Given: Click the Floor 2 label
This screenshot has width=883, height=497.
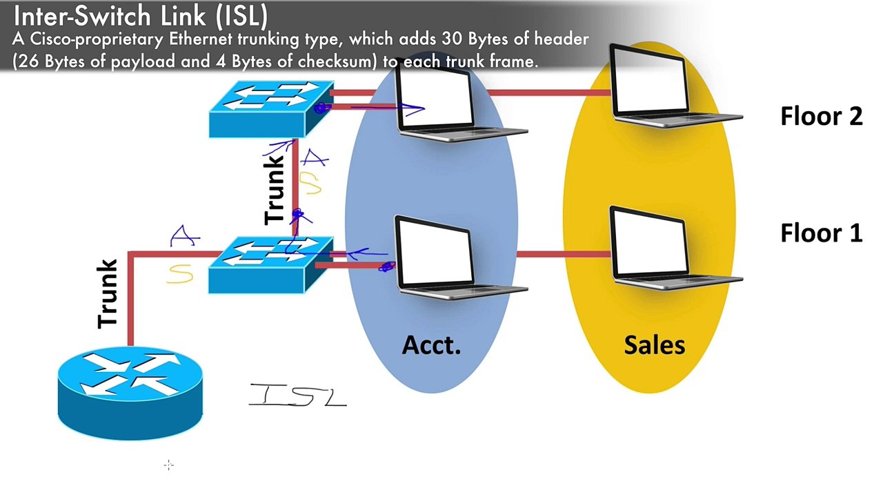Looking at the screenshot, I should point(821,116).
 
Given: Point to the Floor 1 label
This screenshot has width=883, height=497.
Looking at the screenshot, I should point(821,233).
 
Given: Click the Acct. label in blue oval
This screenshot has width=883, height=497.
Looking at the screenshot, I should point(431,344).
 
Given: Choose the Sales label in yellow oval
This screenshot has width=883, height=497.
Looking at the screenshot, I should point(654,344).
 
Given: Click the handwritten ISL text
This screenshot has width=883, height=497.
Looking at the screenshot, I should point(297,396).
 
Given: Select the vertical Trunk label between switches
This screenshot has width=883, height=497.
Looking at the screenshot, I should point(275,188).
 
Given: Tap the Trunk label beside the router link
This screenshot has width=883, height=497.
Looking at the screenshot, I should point(108,293).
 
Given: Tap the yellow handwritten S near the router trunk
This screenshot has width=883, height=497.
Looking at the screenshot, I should point(179,275).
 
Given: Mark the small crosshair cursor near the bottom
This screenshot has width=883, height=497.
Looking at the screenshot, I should point(169,466).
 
